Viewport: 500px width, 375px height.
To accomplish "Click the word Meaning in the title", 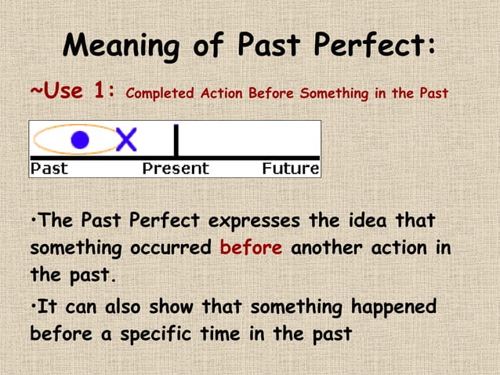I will click(x=117, y=46).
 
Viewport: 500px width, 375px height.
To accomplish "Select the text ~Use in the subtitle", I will click(x=56, y=93).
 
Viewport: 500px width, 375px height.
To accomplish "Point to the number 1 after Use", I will click(x=103, y=93).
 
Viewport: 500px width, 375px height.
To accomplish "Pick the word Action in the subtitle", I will click(x=222, y=94).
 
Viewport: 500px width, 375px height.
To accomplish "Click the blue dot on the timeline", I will click(x=79, y=140).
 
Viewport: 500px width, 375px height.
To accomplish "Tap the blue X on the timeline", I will click(x=125, y=140).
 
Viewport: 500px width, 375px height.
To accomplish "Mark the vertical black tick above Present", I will click(x=176, y=141).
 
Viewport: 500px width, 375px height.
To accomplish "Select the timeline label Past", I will click(x=49, y=169).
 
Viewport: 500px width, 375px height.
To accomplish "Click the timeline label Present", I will click(x=176, y=169).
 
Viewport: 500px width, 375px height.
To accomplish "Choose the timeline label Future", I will click(x=290, y=169).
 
